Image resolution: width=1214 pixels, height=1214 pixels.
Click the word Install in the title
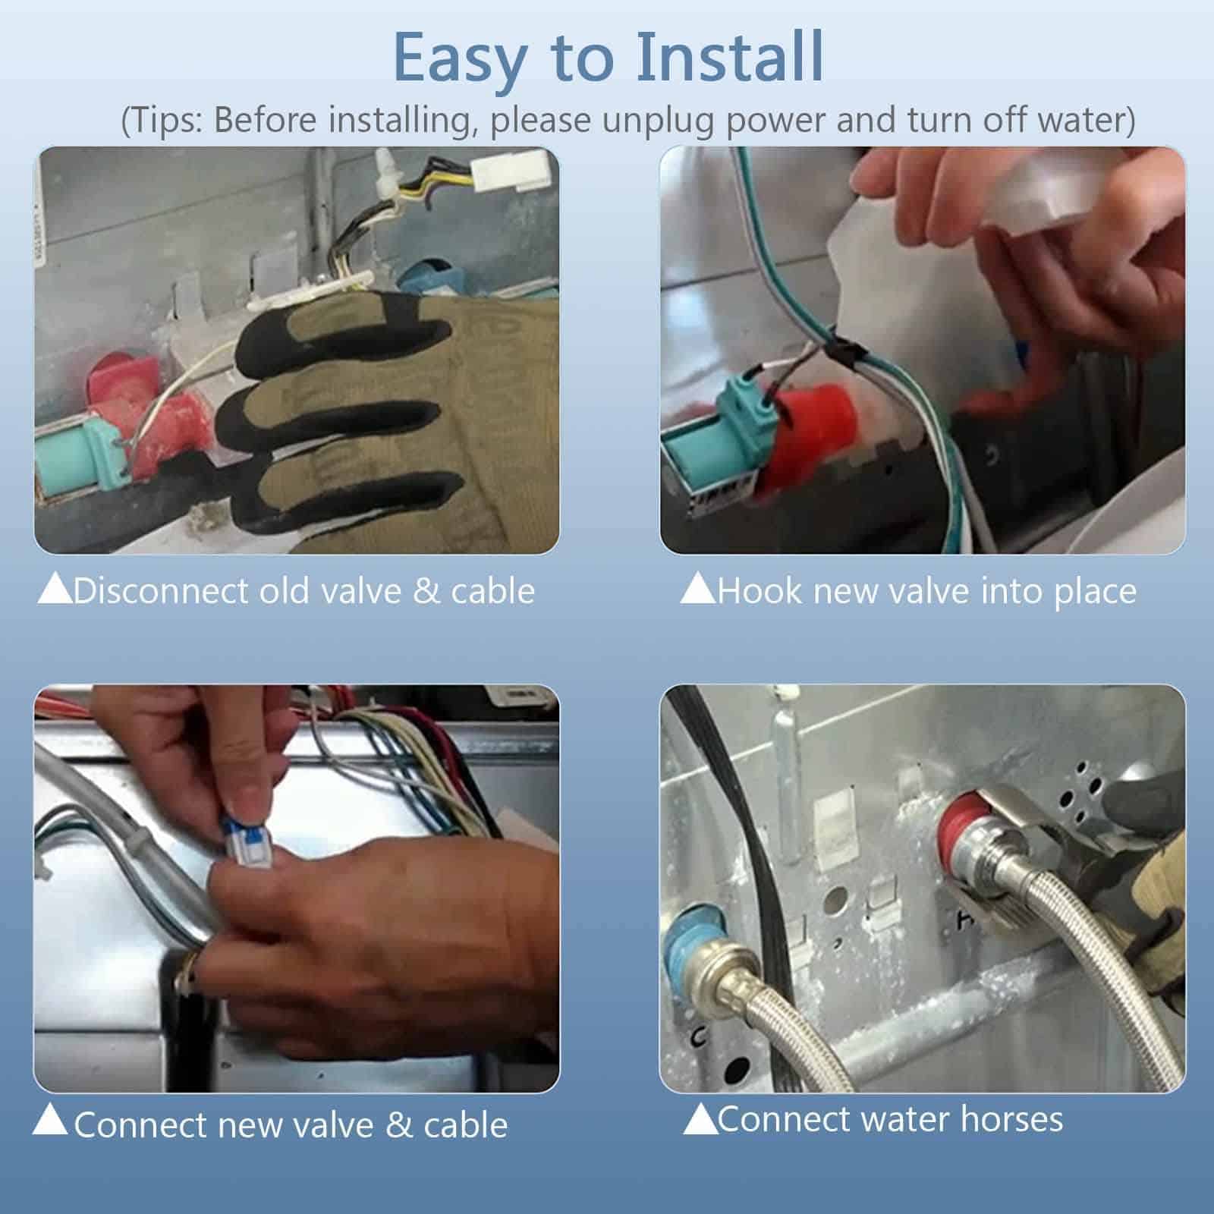730,57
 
